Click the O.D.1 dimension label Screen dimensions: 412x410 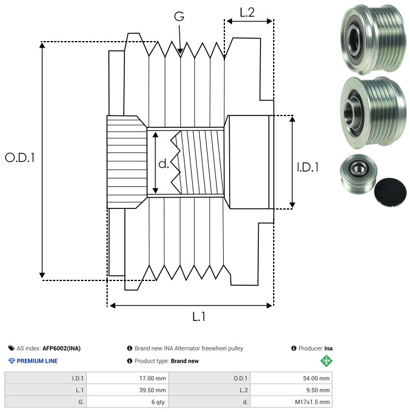20,158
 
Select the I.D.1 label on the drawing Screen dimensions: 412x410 308,167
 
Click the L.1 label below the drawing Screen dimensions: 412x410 199,317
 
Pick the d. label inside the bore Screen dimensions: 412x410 164,163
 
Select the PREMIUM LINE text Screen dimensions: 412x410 37,361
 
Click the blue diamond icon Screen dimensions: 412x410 11,361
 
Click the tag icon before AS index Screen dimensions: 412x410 11,348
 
